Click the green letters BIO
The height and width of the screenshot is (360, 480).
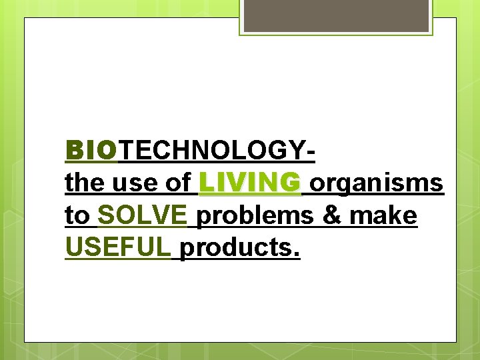coord(91,151)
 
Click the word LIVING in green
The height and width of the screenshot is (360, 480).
coord(250,183)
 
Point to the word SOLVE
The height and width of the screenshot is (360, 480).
coord(142,215)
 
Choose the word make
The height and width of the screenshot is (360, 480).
coord(385,215)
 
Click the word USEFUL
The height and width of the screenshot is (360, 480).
coord(118,247)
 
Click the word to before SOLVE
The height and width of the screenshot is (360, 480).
coord(77,216)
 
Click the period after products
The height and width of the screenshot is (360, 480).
coord(297,256)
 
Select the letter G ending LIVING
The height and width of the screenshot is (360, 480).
coord(290,183)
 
